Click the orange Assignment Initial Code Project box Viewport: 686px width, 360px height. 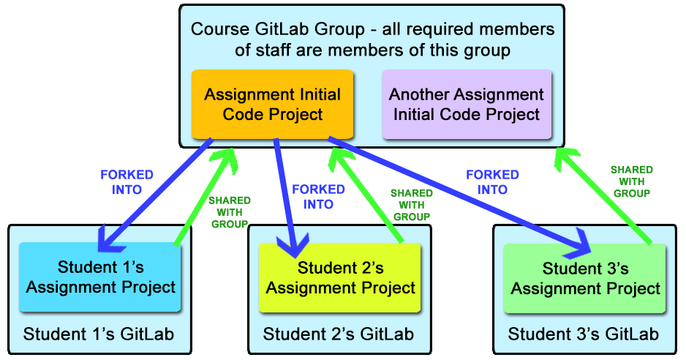coord(272,104)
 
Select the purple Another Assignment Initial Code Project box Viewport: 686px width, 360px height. coord(467,104)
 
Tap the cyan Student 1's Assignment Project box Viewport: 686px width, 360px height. coord(99,277)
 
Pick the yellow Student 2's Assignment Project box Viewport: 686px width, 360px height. coord(340,277)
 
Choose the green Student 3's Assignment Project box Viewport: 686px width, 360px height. coord(585,279)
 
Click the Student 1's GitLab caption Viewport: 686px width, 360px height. coord(99,334)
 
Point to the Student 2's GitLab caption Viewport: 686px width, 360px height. coord(338,334)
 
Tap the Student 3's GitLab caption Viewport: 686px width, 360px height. coord(583,334)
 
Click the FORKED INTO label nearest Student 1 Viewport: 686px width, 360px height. coord(127,182)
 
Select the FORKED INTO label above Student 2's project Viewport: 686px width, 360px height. coord(319,197)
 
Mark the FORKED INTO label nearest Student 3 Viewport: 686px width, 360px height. coord(493,182)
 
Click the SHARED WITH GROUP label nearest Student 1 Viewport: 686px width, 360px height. coord(230,212)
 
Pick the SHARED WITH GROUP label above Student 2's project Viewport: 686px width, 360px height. coord(412,205)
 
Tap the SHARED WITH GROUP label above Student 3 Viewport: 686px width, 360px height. coord(632,181)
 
